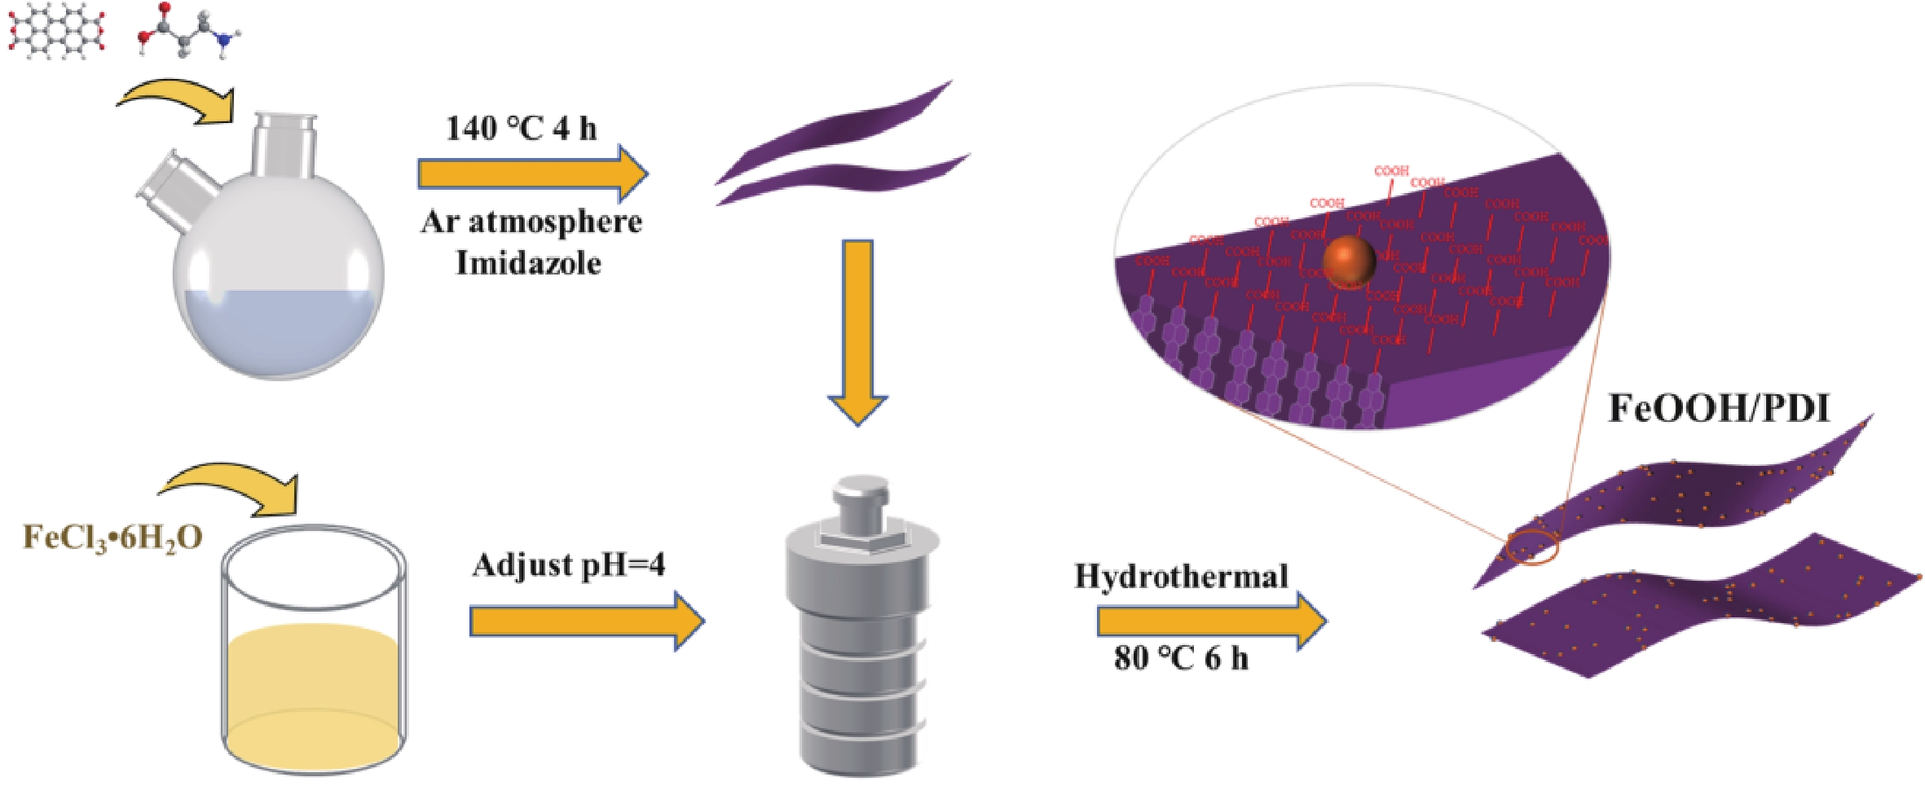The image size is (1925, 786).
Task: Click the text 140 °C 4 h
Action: tap(521, 129)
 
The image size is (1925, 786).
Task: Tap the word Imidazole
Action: tap(528, 263)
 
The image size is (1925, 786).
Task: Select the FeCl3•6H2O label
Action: tap(112, 538)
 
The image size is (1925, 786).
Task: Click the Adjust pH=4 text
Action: tap(568, 564)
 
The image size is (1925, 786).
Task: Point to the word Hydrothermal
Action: tap(1181, 577)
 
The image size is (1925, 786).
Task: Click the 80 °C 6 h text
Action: tap(1180, 657)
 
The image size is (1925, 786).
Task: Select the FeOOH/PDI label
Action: tap(1719, 407)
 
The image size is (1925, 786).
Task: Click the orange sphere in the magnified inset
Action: tap(1349, 261)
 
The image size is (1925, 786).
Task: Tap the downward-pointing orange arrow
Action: tap(857, 330)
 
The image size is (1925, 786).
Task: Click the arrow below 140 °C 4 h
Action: tap(531, 173)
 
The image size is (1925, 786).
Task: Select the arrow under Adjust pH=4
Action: tap(585, 621)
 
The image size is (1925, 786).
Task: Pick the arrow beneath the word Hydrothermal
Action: tap(1210, 621)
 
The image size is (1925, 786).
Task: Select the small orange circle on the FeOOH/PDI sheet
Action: tap(1532, 548)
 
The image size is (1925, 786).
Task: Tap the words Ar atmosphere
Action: tap(531, 222)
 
